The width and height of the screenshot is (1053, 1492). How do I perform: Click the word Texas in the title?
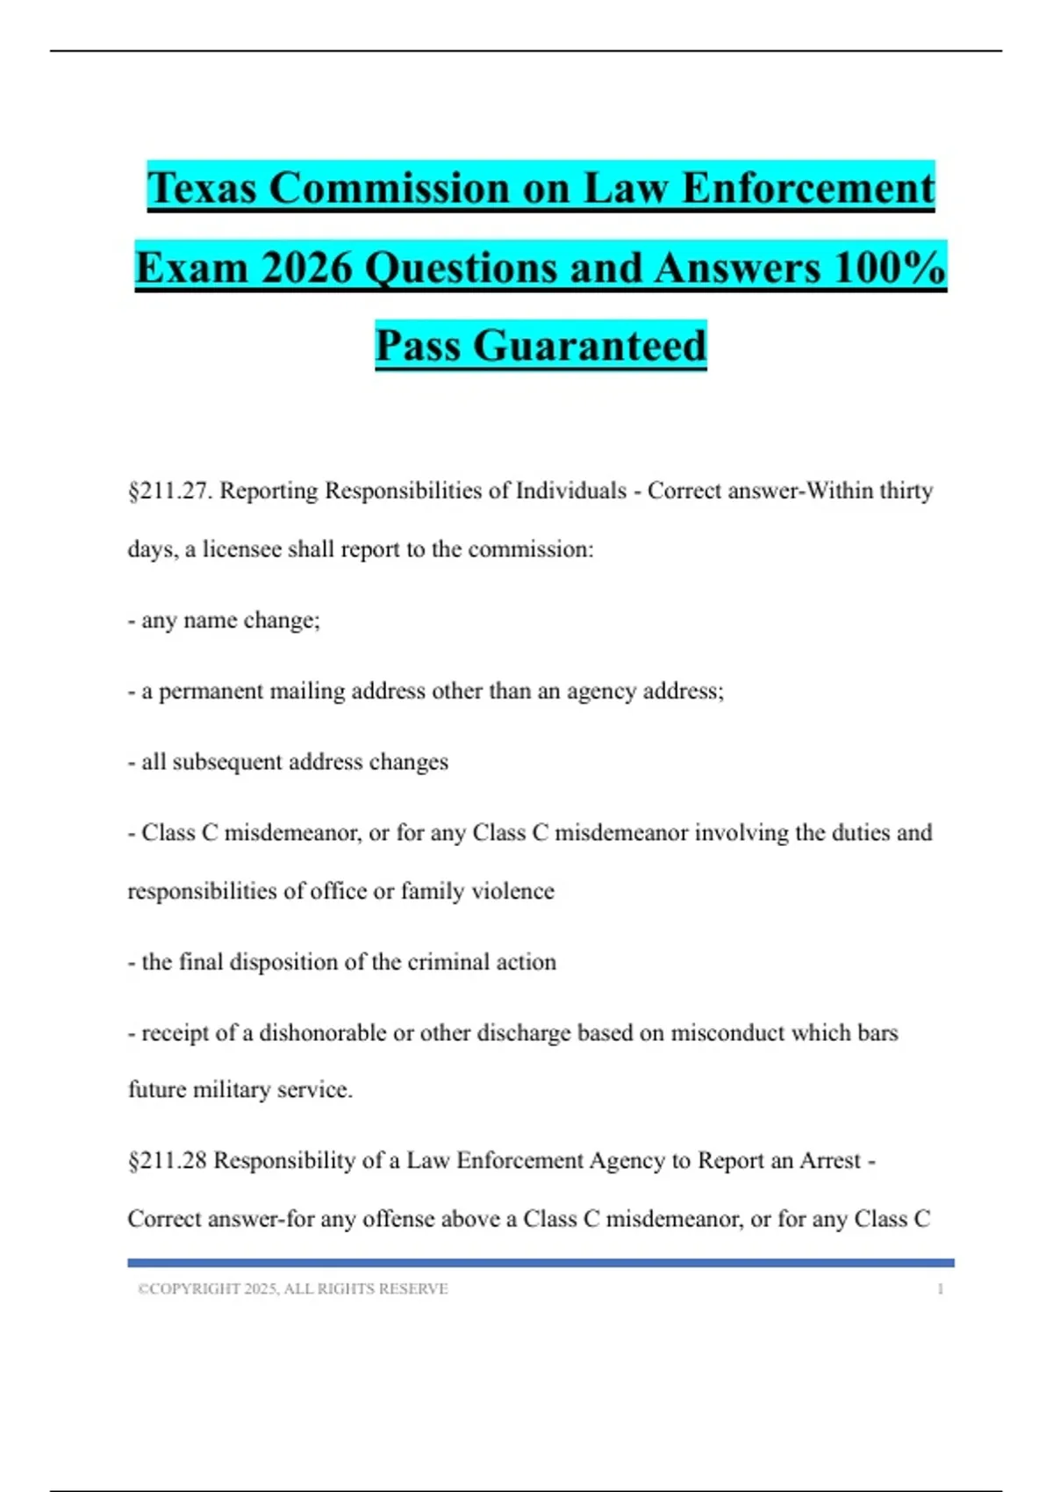(202, 188)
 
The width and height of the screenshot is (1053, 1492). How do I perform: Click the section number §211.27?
(170, 491)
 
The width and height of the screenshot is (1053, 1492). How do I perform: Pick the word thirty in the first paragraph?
(906, 491)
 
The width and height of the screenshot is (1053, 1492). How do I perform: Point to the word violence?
(512, 892)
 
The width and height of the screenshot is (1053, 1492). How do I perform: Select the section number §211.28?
(167, 1161)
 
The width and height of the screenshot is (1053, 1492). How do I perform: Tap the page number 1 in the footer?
(940, 1289)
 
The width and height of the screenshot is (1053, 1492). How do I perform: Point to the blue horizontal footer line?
(541, 1263)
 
